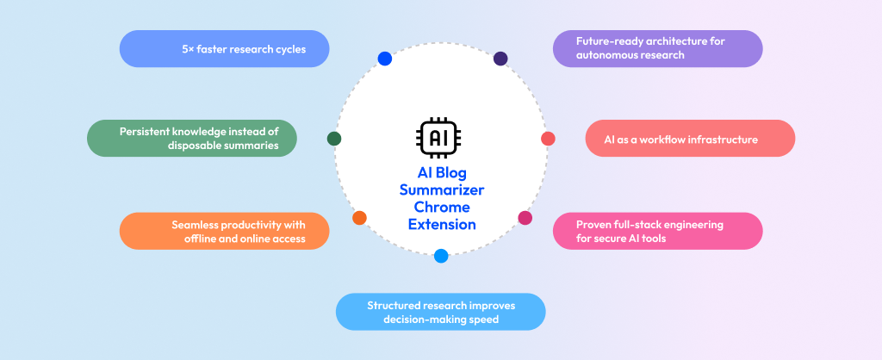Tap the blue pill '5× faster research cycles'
click(x=224, y=49)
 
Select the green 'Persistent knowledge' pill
click(x=192, y=138)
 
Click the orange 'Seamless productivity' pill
click(x=224, y=231)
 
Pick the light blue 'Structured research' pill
click(x=440, y=312)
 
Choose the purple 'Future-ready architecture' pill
click(x=657, y=49)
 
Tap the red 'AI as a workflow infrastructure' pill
click(x=689, y=139)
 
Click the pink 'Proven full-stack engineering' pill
click(x=657, y=231)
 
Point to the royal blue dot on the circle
click(x=385, y=59)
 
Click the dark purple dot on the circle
click(x=500, y=59)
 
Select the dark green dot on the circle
click(x=334, y=139)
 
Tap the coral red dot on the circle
click(x=548, y=139)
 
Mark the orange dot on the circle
click(x=359, y=218)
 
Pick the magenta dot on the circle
click(x=525, y=218)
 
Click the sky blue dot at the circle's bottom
click(x=441, y=256)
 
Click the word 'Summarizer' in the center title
click(x=442, y=189)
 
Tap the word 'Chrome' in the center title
click(x=442, y=207)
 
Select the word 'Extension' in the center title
click(x=442, y=224)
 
